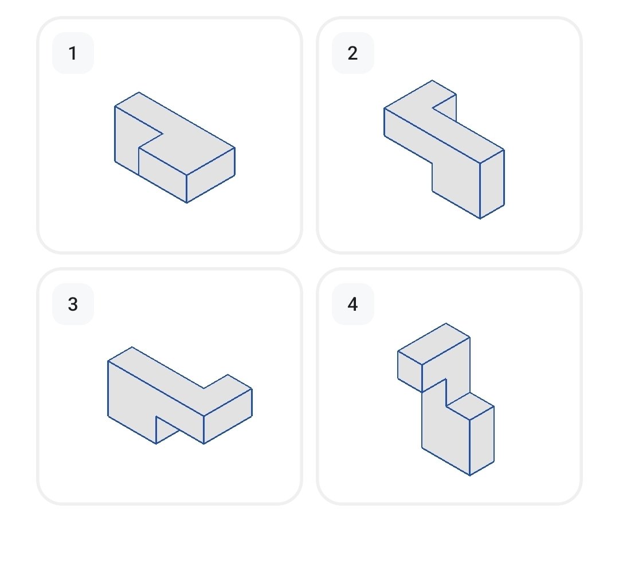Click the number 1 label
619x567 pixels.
(x=73, y=53)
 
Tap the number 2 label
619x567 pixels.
(x=352, y=53)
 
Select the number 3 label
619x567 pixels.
(x=73, y=304)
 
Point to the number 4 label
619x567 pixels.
(x=352, y=304)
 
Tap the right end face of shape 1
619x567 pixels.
(x=211, y=175)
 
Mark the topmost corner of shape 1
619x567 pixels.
(x=139, y=92)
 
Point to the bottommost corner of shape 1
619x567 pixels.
(x=187, y=203)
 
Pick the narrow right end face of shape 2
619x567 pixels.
(x=492, y=184)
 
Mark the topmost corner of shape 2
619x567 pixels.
(x=432, y=80)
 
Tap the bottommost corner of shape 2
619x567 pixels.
(x=480, y=218)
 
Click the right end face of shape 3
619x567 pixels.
(x=228, y=416)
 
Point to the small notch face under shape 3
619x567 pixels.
(x=165, y=428)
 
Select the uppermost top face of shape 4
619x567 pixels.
(x=434, y=344)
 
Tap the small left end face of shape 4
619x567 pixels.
(x=410, y=372)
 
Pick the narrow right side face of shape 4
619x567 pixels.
(x=482, y=441)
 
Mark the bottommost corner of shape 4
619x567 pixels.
(x=470, y=475)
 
